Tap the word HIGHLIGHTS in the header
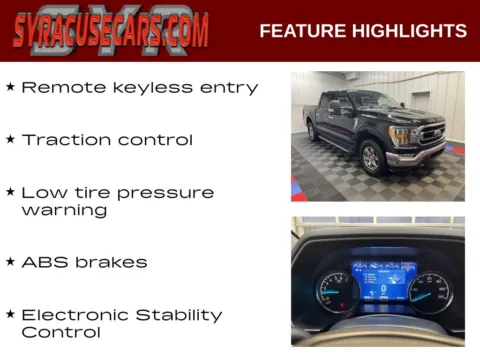(x=410, y=31)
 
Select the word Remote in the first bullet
(x=56, y=88)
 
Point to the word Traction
(x=65, y=140)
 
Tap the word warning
(x=63, y=211)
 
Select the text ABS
(x=42, y=262)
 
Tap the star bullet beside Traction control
(x=10, y=139)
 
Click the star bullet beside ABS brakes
(x=10, y=262)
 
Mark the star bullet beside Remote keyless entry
(x=10, y=87)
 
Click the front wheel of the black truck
(x=371, y=157)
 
